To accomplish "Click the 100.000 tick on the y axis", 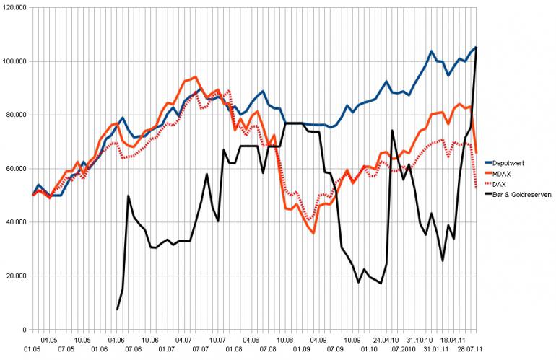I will coord(15,61).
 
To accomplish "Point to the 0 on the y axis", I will coord(25,330).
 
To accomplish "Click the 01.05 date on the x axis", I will coord(32,350).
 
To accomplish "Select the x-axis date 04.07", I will coord(183,339).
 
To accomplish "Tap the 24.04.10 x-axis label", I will coord(387,339).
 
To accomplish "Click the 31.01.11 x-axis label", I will coord(438,350).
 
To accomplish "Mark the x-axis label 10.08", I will coord(284,339).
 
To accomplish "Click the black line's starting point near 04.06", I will coord(118,309).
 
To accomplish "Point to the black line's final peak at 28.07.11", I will coord(476,48).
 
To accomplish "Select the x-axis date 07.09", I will coord(334,350).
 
